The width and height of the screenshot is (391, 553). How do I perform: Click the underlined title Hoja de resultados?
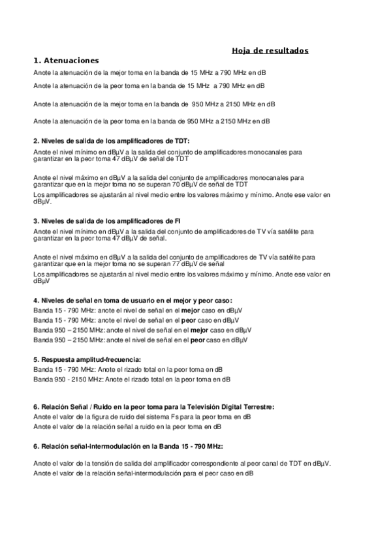270,50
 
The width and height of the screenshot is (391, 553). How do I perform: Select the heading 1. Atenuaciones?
66,60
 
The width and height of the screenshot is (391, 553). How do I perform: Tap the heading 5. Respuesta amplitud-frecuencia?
87,359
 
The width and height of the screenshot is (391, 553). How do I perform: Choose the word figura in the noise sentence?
99,416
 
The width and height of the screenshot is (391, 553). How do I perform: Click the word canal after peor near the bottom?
272,463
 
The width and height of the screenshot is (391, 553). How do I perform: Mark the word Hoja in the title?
242,50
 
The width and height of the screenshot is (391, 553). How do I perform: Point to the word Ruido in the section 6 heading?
106,406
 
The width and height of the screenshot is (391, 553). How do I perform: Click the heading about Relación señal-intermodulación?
128,447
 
